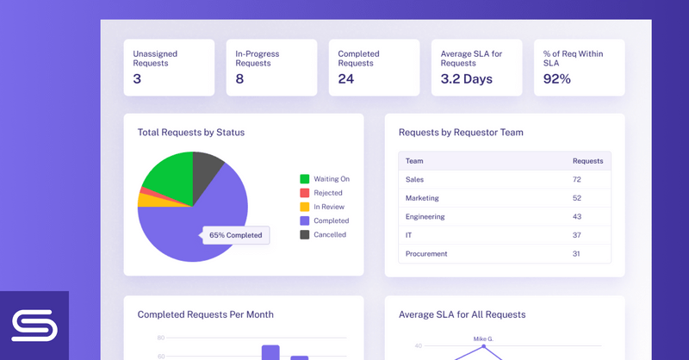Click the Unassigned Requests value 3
tap(137, 79)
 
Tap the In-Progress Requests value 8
tap(239, 79)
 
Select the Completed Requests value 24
tap(346, 79)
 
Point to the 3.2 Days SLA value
tap(466, 79)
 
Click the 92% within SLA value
tap(556, 79)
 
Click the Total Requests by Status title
tap(191, 133)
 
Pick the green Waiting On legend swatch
tap(304, 179)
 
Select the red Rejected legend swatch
tap(304, 193)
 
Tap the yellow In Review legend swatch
tap(304, 207)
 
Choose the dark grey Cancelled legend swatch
tap(304, 234)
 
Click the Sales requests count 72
tap(578, 179)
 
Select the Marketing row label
tap(422, 198)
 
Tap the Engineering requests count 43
tap(578, 216)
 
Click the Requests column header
tap(587, 161)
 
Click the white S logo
tap(34, 326)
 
